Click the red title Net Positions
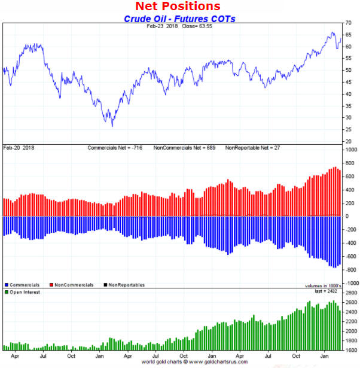[x=178, y=7]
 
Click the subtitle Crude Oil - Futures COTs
[x=179, y=19]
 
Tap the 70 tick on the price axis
[x=348, y=23]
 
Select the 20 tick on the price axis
[x=348, y=141]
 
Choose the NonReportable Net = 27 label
[x=254, y=147]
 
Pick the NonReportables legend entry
[x=127, y=285]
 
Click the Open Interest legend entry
[x=25, y=292]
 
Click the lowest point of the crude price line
[x=112, y=126]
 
